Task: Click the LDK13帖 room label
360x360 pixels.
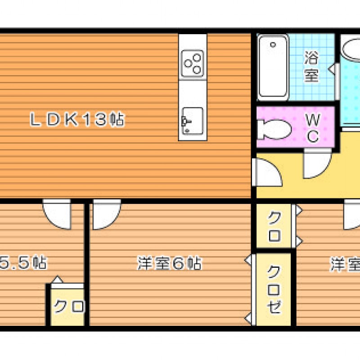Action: [77, 119]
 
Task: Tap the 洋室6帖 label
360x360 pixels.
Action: [170, 263]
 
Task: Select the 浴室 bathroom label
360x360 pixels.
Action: [311, 66]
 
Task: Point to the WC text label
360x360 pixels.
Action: [313, 128]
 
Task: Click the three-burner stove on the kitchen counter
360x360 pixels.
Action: [193, 63]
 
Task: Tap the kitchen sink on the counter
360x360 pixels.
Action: [193, 121]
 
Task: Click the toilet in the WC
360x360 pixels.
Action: [274, 129]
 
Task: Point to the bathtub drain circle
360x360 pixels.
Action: [273, 45]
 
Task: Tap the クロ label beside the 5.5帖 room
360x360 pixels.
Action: [69, 306]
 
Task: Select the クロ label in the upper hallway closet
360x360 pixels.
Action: [274, 226]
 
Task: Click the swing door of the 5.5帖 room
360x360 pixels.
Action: [57, 214]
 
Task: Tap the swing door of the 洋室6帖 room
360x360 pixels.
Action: [107, 214]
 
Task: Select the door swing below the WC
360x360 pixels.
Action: [318, 163]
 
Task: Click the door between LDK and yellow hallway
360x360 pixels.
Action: [266, 172]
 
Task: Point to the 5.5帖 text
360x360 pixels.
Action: [23, 263]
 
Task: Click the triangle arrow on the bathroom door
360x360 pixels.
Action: [332, 69]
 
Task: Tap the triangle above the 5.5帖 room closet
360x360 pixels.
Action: [58, 279]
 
